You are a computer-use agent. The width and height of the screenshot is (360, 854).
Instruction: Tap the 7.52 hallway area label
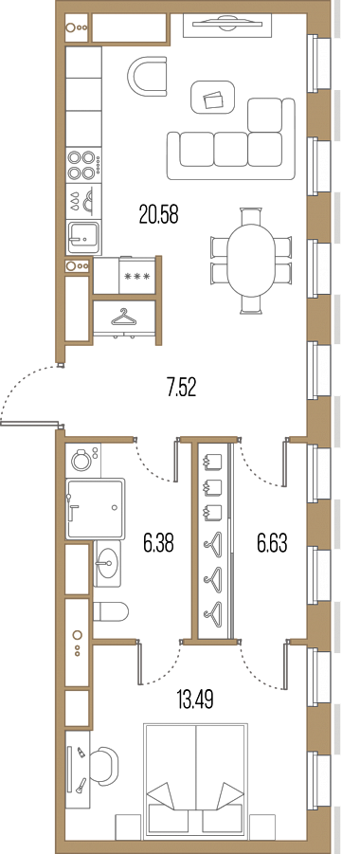pos(181,388)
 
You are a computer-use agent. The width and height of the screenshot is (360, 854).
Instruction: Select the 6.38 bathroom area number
pos(158,543)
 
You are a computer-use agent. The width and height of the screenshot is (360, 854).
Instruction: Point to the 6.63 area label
pos(272,543)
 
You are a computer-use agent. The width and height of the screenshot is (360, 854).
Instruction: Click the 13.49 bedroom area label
pos(195,700)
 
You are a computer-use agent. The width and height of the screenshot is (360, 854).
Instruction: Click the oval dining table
pos(252,261)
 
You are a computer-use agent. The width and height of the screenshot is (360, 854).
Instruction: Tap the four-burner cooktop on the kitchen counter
pos(83,165)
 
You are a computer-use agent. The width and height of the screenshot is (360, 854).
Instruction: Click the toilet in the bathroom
pos(111,611)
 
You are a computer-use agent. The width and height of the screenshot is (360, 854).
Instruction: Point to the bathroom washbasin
pos(107,564)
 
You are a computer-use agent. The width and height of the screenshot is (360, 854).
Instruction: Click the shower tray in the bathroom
pos(95,509)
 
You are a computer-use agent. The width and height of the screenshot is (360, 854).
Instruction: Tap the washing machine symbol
pos(82,459)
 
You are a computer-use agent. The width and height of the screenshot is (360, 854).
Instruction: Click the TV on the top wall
pos(226,24)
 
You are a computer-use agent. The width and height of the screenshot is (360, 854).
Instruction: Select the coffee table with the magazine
pos(212,98)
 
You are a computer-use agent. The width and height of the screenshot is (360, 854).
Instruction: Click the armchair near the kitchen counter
pos(147,77)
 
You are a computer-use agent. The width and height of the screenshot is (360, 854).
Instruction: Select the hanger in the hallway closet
pos(123,318)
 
